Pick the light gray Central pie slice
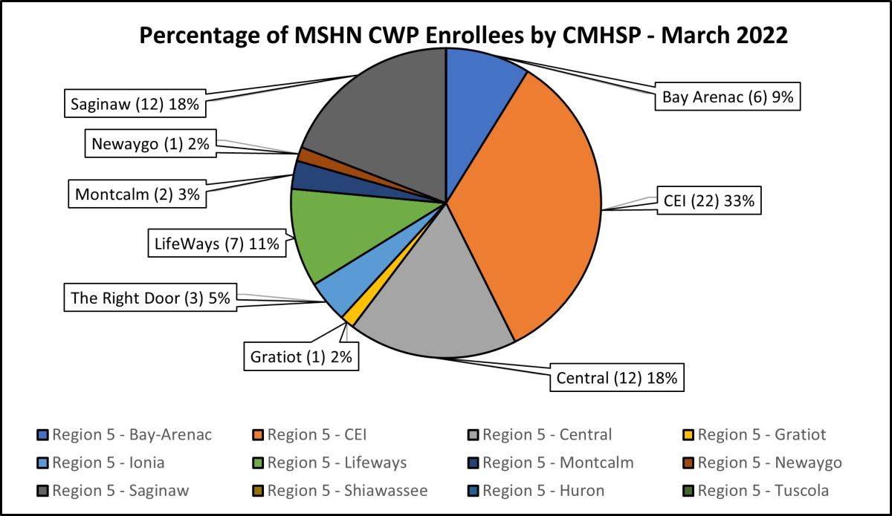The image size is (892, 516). [439, 297]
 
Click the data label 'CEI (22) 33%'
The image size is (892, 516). [710, 200]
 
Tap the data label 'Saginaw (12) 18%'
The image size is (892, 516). [135, 104]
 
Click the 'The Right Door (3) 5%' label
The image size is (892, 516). [149, 298]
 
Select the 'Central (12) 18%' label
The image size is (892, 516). [616, 377]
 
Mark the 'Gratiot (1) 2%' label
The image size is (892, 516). [300, 356]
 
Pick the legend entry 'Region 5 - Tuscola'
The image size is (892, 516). [763, 490]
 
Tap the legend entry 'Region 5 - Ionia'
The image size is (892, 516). [108, 463]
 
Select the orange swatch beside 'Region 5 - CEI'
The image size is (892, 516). [258, 435]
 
